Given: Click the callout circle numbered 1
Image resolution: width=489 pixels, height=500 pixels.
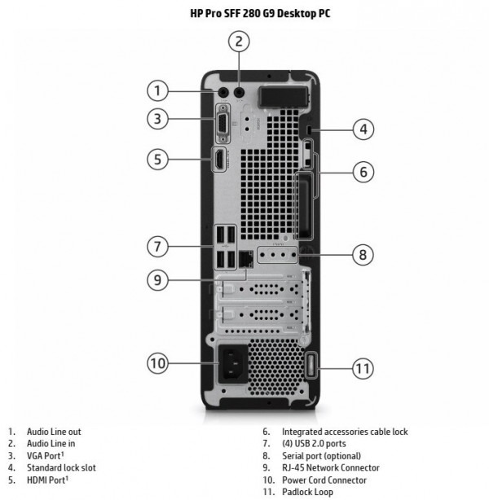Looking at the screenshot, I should click(x=158, y=90).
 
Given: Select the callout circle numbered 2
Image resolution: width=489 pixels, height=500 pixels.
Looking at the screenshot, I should click(x=238, y=42).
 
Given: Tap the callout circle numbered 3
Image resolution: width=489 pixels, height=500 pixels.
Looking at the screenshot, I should click(x=158, y=119).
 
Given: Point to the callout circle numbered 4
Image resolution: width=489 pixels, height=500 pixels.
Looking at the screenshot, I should click(x=363, y=129).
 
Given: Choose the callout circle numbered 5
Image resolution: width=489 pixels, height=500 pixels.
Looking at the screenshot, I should click(x=158, y=159).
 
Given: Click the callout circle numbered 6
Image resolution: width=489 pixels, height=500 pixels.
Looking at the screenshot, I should click(x=363, y=172).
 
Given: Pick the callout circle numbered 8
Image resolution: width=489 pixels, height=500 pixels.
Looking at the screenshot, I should click(x=363, y=254).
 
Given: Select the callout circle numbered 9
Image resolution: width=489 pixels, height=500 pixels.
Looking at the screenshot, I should click(x=158, y=279).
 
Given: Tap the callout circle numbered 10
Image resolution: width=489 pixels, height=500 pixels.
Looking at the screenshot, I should click(x=158, y=363).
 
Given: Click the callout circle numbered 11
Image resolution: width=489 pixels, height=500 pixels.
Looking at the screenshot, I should click(x=363, y=368).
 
